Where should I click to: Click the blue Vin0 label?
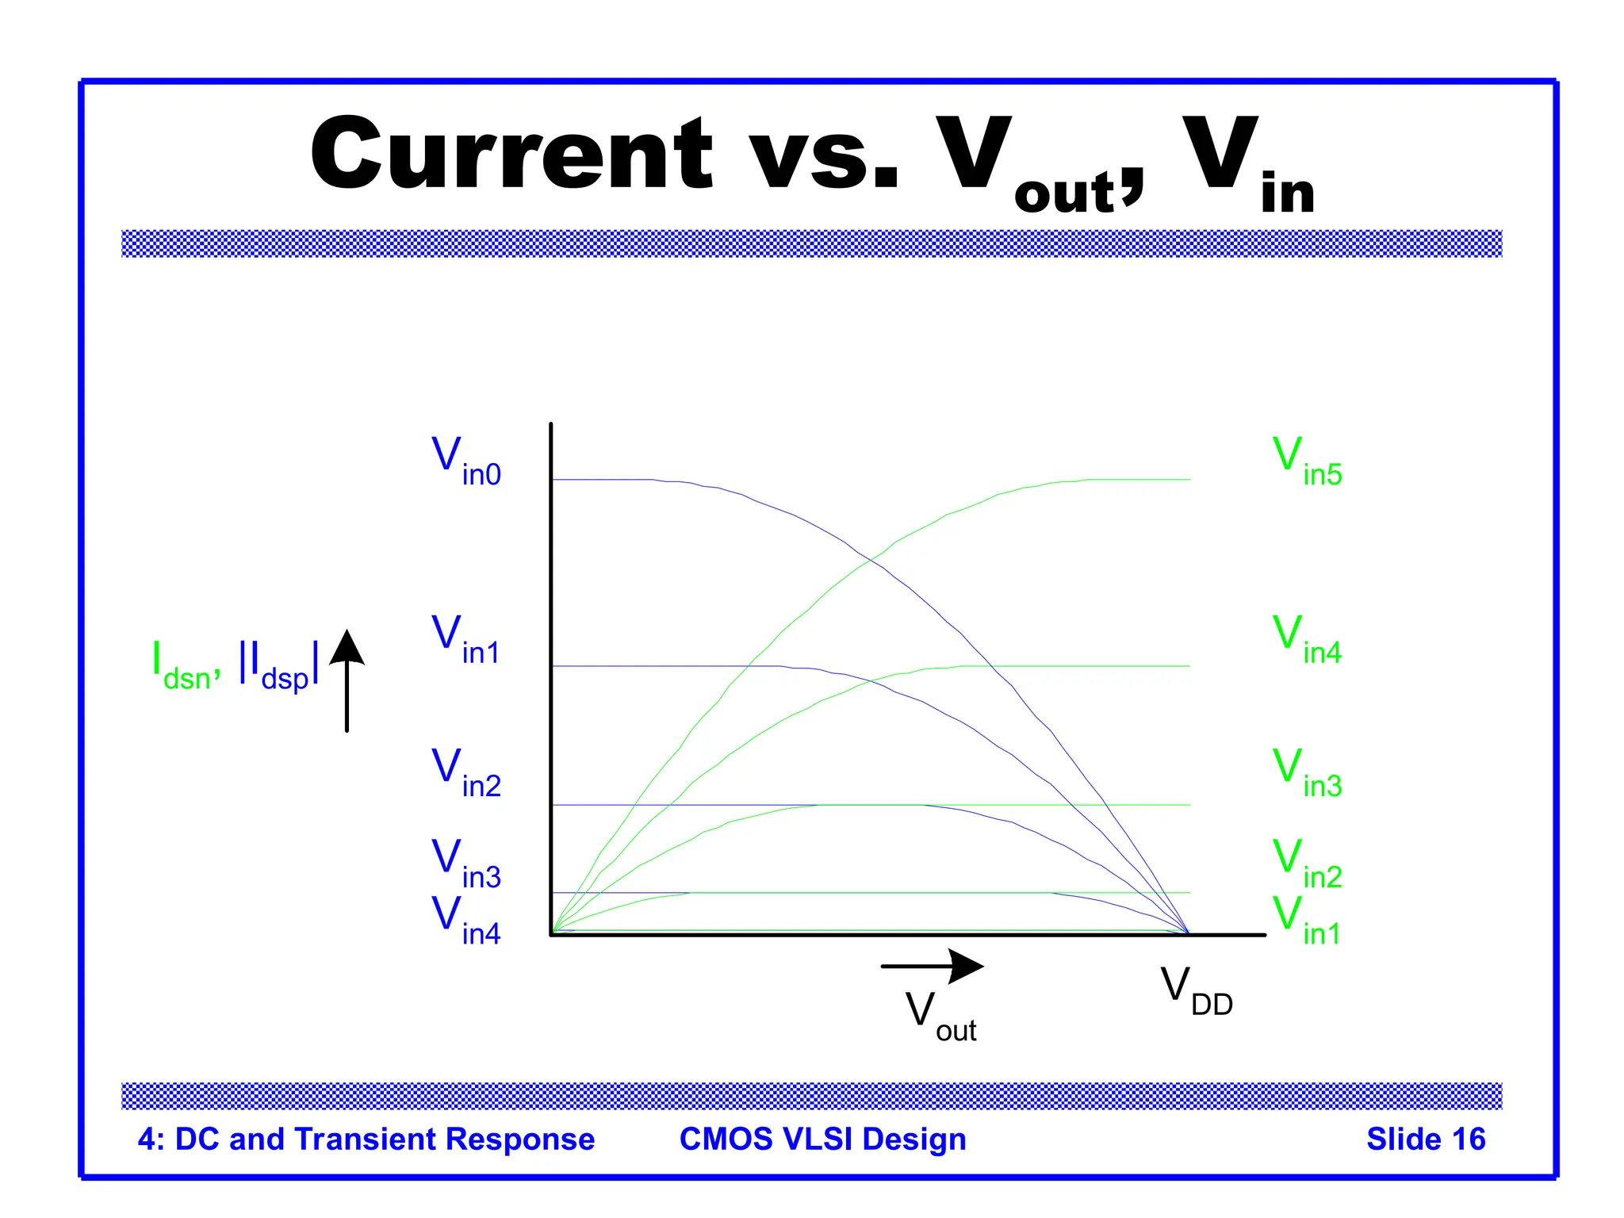click(465, 461)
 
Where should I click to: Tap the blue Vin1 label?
click(465, 639)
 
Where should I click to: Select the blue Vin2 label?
click(465, 772)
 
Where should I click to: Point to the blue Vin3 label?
click(465, 864)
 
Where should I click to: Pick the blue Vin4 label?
click(465, 920)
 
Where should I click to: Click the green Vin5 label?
click(1307, 461)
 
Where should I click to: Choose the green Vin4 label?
click(1307, 639)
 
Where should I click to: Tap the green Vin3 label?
click(1307, 772)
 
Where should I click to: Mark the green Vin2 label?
click(1307, 864)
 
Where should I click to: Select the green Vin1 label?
click(1307, 920)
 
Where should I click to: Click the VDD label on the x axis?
click(1196, 990)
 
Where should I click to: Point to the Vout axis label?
click(940, 1017)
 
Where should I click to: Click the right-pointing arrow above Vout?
click(933, 966)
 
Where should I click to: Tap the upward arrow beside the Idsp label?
click(347, 680)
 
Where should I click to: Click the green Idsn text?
click(185, 666)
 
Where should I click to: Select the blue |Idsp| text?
click(279, 666)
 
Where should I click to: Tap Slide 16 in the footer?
click(1425, 1139)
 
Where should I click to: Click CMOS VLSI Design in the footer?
click(822, 1139)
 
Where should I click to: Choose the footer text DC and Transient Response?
click(384, 1139)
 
